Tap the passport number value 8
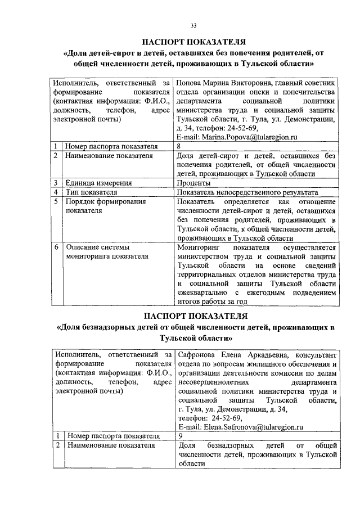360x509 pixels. click(x=178, y=146)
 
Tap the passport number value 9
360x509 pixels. click(x=180, y=436)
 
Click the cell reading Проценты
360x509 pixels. click(x=193, y=183)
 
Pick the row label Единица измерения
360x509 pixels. click(x=98, y=183)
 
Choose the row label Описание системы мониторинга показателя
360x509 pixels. click(x=107, y=251)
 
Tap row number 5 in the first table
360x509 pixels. click(x=56, y=201)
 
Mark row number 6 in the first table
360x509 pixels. click(x=56, y=247)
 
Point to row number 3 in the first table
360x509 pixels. click(x=56, y=183)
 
